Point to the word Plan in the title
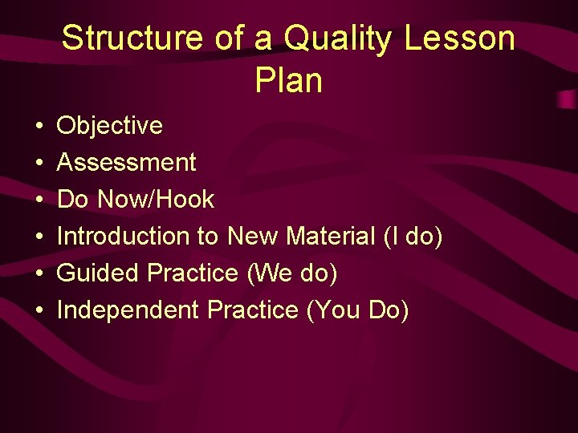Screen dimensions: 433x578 pyautogui.click(x=288, y=80)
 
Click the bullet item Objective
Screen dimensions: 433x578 pyautogui.click(x=110, y=126)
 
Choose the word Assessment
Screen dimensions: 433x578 pyautogui.click(x=127, y=163)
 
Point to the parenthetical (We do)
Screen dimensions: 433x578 pyautogui.click(x=292, y=273)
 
